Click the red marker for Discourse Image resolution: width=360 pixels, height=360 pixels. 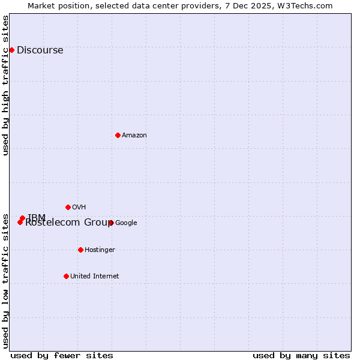pyautogui.click(x=11, y=50)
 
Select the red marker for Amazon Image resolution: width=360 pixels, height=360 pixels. pyautogui.click(x=118, y=135)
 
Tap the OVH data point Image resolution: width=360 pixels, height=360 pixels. pyautogui.click(x=68, y=207)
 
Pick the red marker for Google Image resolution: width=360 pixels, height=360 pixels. pyautogui.click(x=111, y=223)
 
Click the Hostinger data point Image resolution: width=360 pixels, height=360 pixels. pyautogui.click(x=80, y=250)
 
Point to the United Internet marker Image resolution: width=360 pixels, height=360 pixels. pyautogui.click(x=66, y=276)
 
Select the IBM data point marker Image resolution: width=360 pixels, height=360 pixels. pyautogui.click(x=22, y=218)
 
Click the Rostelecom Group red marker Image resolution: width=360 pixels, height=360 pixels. pyautogui.click(x=20, y=222)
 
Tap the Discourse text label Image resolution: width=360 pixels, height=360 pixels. pyautogui.click(x=40, y=50)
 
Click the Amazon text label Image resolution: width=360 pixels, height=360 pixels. pyautogui.click(x=134, y=136)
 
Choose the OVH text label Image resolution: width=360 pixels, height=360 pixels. pyautogui.click(x=79, y=208)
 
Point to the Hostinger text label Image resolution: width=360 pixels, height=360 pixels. pyautogui.click(x=100, y=250)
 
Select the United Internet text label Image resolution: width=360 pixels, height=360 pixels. pyautogui.click(x=94, y=277)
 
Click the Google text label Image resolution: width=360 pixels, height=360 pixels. pyautogui.click(x=126, y=223)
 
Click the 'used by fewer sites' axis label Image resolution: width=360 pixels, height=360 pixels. pyautogui.click(x=62, y=355)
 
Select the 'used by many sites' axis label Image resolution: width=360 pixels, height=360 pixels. pyautogui.click(x=301, y=355)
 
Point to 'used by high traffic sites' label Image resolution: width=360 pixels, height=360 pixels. pyautogui.click(x=6, y=85)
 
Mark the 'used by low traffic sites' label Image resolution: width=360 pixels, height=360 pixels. pyautogui.click(x=6, y=280)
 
